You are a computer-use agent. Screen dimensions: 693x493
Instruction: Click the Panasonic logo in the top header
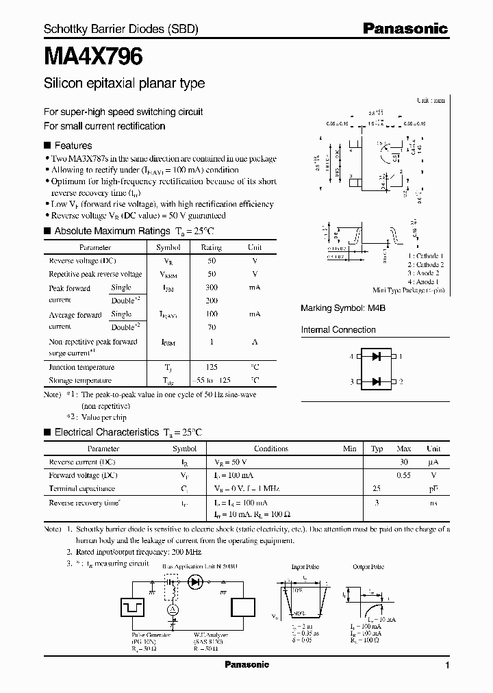click(x=405, y=29)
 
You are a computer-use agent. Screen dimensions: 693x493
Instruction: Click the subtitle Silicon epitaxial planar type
click(x=124, y=84)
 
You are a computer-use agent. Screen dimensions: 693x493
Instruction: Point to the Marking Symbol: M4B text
click(x=343, y=309)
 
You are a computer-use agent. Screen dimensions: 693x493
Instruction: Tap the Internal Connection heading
click(x=338, y=329)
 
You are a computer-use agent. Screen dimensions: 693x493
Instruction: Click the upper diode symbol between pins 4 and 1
click(x=375, y=356)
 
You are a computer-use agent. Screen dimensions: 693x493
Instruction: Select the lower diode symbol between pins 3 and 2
click(x=375, y=381)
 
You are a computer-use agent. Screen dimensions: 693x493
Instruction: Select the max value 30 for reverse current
click(x=404, y=462)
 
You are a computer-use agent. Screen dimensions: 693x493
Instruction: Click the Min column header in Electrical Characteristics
click(x=349, y=449)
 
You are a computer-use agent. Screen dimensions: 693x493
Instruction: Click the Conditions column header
click(x=271, y=449)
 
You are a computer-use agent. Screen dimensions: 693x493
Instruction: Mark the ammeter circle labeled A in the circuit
click(x=173, y=609)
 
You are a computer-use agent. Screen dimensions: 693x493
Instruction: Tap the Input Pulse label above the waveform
click(x=305, y=567)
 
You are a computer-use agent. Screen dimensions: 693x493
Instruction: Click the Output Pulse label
click(x=368, y=567)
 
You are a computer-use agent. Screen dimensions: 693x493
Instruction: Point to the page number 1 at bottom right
click(x=447, y=666)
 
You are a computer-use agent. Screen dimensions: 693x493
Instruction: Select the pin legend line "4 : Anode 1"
click(x=424, y=281)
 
